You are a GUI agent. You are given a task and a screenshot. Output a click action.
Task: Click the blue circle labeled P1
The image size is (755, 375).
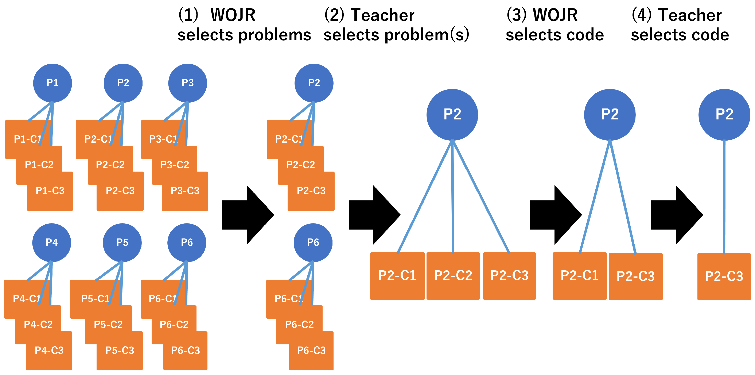point(52,83)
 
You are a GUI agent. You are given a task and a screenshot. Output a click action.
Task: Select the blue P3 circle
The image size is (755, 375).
point(188,83)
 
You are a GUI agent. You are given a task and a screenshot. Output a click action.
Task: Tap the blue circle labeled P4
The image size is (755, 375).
point(52,243)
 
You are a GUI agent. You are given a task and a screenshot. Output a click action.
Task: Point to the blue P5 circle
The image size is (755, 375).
point(122,243)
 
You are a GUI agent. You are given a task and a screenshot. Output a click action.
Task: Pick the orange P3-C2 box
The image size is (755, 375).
point(174,165)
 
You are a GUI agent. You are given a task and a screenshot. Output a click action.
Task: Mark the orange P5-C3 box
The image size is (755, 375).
point(120,351)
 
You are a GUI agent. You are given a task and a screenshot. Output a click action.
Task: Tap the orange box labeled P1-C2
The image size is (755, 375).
point(39,165)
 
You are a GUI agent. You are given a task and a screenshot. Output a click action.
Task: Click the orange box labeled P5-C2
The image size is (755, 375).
point(108,325)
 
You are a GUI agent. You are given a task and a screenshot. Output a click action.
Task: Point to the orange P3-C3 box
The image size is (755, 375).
point(185,191)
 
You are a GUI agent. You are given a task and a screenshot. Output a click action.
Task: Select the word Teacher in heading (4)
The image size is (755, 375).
point(690,15)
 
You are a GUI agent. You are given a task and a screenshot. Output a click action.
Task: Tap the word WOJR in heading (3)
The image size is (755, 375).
point(555,15)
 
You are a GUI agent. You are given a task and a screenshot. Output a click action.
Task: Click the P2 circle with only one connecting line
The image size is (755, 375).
point(724,115)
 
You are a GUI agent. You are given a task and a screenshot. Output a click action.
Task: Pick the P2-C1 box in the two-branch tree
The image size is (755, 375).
point(579,276)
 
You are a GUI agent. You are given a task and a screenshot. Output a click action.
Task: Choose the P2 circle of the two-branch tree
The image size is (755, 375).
point(610,115)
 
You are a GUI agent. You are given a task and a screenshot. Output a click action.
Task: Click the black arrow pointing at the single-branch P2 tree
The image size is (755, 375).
point(677,215)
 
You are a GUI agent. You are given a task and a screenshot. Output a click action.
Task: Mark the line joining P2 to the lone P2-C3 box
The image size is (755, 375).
point(724,197)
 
